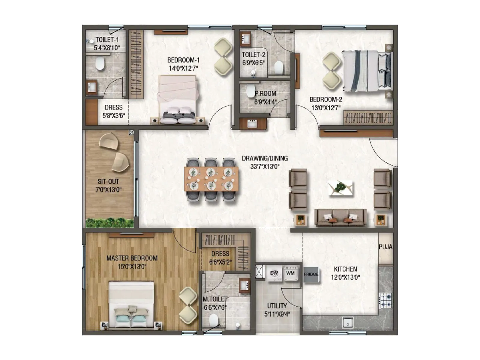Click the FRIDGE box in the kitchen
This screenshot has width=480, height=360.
(311, 274)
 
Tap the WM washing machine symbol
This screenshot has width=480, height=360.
(290, 273)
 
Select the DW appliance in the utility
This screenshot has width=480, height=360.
(274, 273)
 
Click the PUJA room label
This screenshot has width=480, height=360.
(385, 247)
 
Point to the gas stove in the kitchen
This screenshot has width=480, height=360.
(386, 300)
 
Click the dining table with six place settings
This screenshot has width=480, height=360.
(211, 179)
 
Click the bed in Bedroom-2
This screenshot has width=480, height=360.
(367, 71)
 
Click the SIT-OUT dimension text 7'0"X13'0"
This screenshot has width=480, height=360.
(108, 190)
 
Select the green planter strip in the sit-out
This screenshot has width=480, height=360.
(109, 223)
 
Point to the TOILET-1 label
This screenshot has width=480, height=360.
(107, 40)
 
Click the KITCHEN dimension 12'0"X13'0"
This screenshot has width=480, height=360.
(345, 277)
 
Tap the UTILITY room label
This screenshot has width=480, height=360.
(277, 306)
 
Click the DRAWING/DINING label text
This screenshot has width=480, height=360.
(265, 158)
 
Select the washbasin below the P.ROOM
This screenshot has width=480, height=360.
(252, 124)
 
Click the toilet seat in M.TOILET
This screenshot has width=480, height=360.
(214, 320)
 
